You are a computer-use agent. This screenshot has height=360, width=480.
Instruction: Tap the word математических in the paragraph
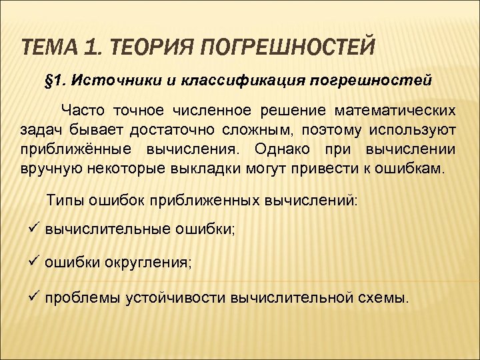tap(403, 110)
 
